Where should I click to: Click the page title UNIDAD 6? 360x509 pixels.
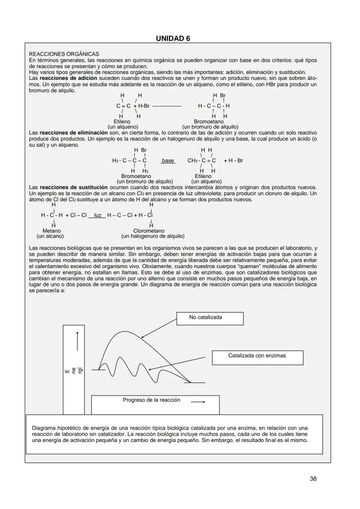[173, 38]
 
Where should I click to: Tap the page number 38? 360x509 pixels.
[313, 479]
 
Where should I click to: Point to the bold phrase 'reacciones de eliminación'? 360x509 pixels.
[73, 132]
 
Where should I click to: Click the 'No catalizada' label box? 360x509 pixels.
[209, 318]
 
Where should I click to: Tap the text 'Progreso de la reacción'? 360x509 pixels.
[151, 400]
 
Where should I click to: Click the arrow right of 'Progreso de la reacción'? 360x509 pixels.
[198, 402]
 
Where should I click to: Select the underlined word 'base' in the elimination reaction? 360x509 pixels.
[168, 160]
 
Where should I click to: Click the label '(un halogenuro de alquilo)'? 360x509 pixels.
[153, 236]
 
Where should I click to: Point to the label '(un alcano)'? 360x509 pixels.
[50, 236]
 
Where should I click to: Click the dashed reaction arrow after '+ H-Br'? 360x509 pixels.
[167, 106]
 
